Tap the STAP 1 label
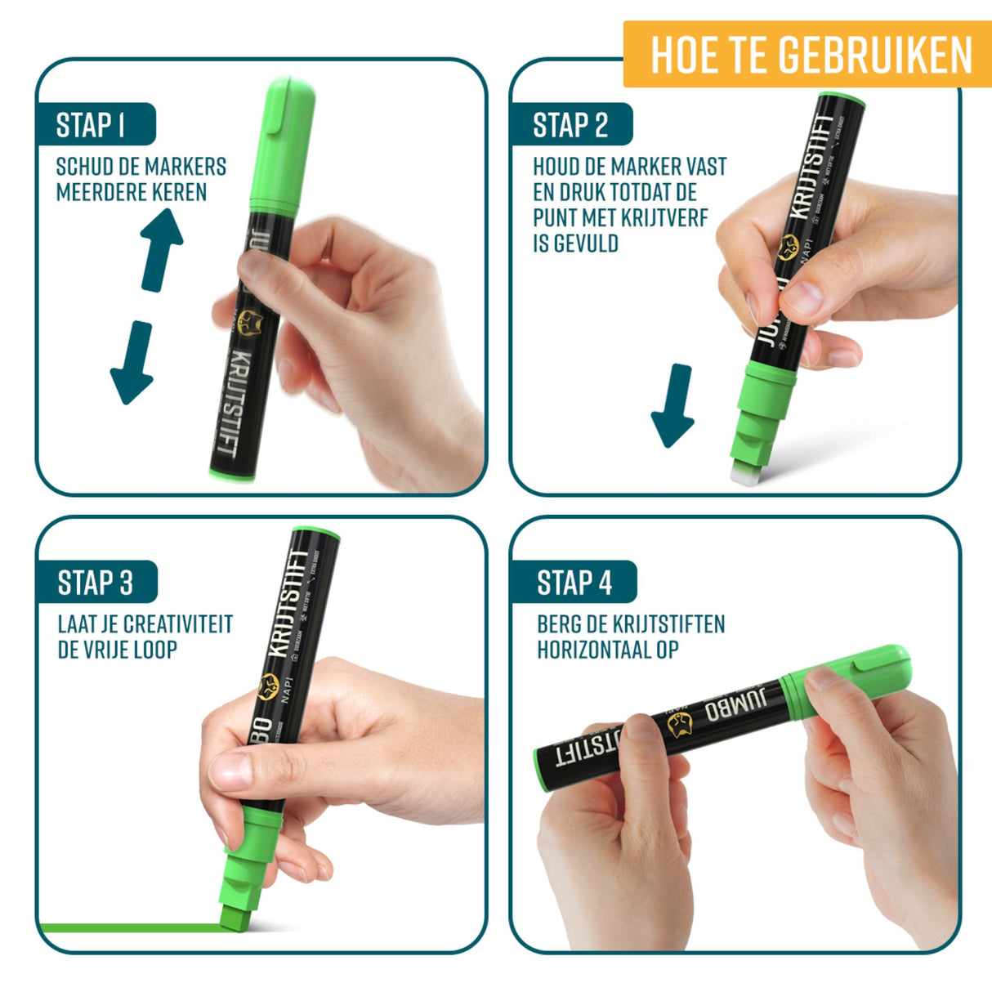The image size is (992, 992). tap(92, 125)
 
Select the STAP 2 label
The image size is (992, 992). tap(570, 125)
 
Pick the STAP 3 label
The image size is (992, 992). tap(95, 583)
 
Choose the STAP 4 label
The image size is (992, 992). tap(574, 583)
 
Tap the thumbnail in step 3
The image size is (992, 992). tap(231, 769)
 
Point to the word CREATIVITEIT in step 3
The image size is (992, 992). tap(180, 624)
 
